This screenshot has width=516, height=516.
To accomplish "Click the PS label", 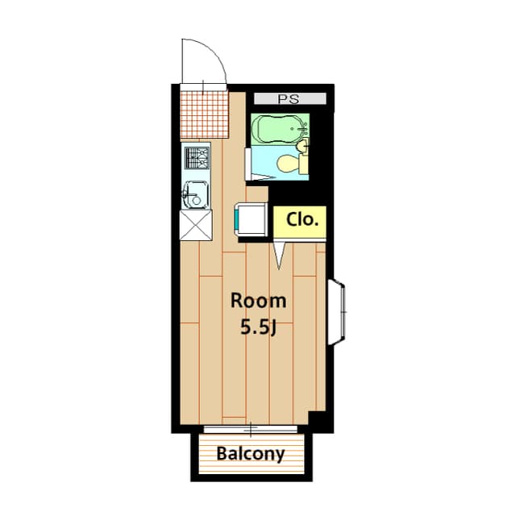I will pyautogui.click(x=288, y=99).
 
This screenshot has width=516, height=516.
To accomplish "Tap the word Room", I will pyautogui.click(x=258, y=302).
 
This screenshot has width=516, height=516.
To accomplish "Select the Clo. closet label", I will pyautogui.click(x=303, y=218).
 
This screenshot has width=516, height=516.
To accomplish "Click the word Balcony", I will pyautogui.click(x=250, y=454).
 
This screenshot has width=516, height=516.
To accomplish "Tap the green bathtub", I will pyautogui.click(x=276, y=128).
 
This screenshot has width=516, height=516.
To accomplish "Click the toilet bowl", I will pyautogui.click(x=286, y=164).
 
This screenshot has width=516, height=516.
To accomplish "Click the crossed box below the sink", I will pyautogui.click(x=196, y=225).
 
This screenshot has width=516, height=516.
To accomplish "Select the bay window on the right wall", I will pyautogui.click(x=338, y=310).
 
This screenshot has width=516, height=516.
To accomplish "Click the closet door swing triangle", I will pyautogui.click(x=280, y=255).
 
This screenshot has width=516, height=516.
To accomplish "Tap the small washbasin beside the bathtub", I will pyautogui.click(x=303, y=147).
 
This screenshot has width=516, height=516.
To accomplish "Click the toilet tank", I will pyautogui.click(x=303, y=164).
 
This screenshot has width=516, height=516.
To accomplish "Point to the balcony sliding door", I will pyautogui.click(x=252, y=427).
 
